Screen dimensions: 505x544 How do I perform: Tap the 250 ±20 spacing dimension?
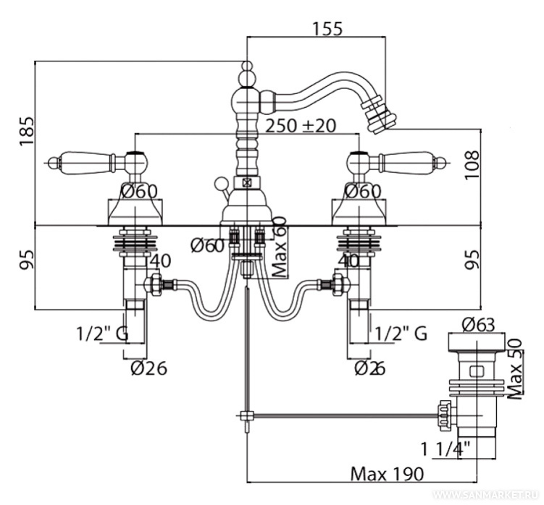301,126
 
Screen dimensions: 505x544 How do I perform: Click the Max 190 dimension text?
388,474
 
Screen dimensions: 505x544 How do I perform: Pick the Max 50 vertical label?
515,369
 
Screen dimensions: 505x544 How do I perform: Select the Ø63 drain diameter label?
478,325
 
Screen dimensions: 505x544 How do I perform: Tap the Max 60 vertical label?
281,251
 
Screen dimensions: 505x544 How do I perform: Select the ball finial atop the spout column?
247,73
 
